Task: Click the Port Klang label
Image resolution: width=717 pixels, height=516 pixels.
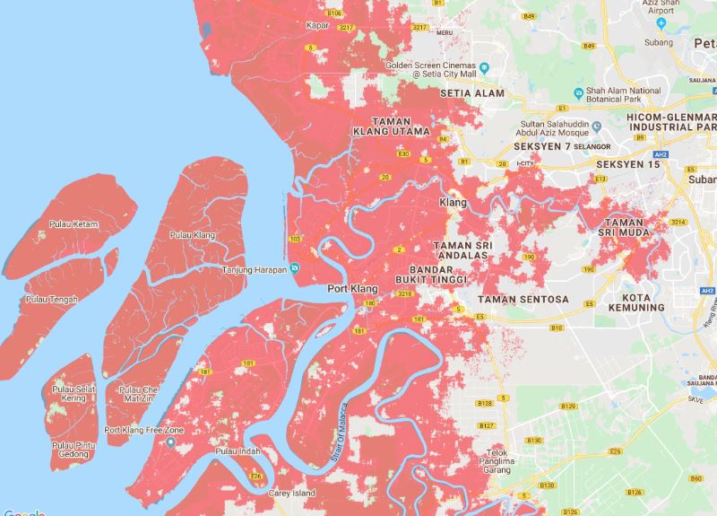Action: click(350, 288)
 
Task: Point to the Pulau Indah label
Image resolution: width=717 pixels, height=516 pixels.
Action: click(236, 454)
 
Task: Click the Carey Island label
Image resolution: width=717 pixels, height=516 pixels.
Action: click(290, 494)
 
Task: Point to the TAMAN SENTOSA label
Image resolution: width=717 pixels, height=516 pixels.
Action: click(524, 298)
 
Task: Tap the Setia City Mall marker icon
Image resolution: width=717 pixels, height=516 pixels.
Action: click(484, 66)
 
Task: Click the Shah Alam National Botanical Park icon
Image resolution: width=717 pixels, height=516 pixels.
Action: click(577, 91)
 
